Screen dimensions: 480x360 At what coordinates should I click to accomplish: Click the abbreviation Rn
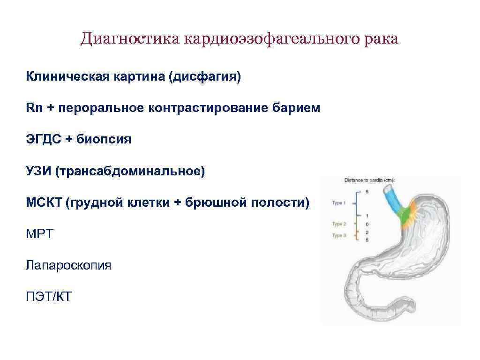[34, 108]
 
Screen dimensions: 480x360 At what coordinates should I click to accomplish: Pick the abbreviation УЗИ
[38, 171]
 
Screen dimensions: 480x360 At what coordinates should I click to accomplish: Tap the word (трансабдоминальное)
[130, 171]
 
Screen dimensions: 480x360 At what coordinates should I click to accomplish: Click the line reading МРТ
[40, 234]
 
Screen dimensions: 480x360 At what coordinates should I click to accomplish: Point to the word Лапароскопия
[69, 265]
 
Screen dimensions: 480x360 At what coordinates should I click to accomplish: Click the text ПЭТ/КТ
[49, 297]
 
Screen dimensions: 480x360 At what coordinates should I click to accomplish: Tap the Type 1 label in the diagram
[338, 203]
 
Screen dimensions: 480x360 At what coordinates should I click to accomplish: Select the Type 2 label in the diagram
[338, 224]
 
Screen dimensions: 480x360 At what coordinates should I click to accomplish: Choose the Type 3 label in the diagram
[338, 235]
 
